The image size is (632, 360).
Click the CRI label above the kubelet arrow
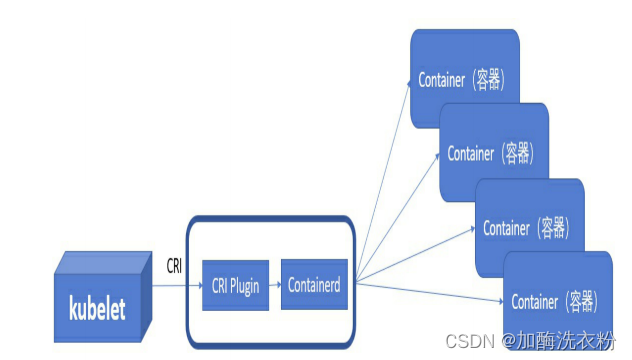[174, 265]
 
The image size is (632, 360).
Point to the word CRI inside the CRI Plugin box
[219, 286]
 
